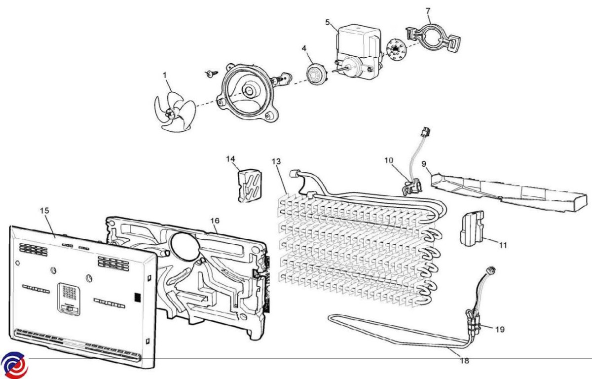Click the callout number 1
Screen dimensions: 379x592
[x=165, y=75]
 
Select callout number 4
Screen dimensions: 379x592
[x=304, y=48]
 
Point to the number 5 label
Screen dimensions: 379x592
[x=328, y=22]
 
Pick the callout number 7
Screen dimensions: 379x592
[x=428, y=11]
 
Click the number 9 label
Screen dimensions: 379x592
[x=424, y=163]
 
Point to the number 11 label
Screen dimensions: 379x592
[x=503, y=245]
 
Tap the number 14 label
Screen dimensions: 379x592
[x=231, y=158]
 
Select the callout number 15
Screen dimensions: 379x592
[x=44, y=211]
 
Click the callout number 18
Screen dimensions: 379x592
[x=464, y=361]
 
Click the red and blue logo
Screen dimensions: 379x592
[x=13, y=366]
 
